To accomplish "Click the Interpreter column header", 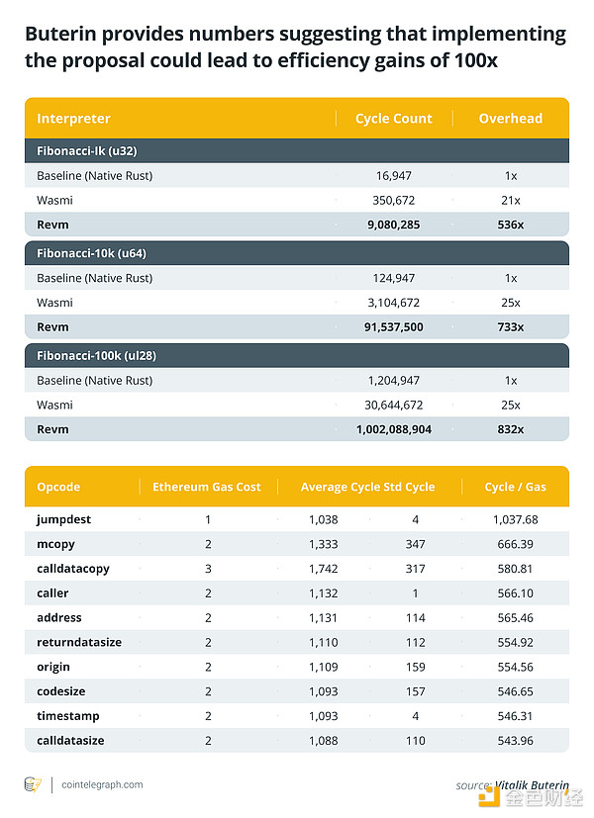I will point(73,119).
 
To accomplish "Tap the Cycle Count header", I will point(393,119).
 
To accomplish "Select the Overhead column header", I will point(510,119).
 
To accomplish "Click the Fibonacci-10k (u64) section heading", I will point(92,253).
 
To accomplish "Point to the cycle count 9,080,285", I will point(393,225).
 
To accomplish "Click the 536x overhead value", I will point(510,225).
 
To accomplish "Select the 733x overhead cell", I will point(510,326).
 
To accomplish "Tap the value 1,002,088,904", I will point(393,429).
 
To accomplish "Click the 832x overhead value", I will point(510,429).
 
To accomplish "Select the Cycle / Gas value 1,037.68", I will point(514,519).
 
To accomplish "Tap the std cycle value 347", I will point(415,544).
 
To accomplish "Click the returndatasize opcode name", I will point(79,642).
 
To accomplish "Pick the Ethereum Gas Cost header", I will point(206,487).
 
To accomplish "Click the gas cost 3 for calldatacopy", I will point(208,569).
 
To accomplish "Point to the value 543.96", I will point(514,740).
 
